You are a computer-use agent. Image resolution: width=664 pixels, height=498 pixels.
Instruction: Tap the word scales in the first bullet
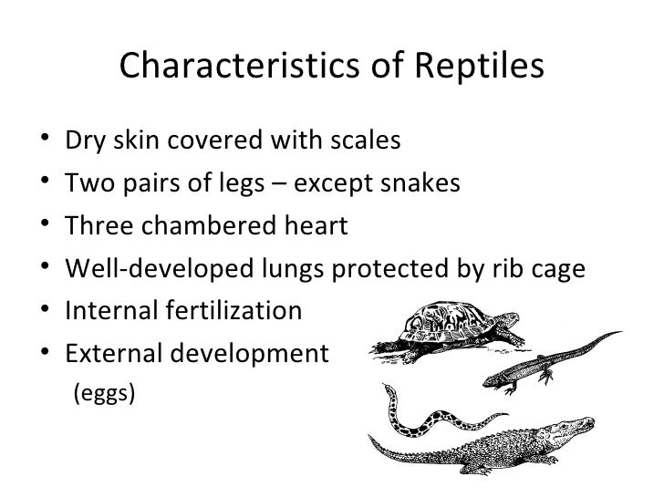(x=363, y=142)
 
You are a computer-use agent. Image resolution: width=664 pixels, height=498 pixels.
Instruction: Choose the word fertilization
(x=241, y=311)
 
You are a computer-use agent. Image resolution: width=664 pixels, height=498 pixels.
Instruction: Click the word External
(x=118, y=353)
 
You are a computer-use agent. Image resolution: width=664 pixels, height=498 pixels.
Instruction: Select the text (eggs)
(x=103, y=394)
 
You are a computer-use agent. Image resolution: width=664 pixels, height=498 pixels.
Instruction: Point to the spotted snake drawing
(x=415, y=415)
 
